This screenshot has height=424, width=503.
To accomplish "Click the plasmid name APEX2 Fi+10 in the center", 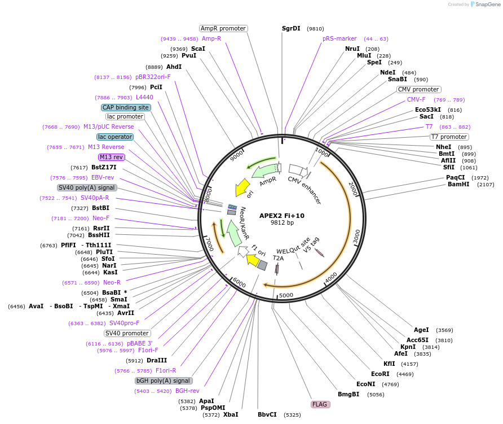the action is [281, 216].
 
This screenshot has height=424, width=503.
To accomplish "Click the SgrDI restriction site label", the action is [291, 28].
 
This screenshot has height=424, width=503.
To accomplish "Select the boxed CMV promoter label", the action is [418, 89].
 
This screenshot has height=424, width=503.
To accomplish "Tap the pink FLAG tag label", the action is [320, 404].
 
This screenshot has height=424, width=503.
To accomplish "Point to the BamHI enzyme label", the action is [458, 184].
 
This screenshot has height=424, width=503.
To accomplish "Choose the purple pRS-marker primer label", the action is [339, 38].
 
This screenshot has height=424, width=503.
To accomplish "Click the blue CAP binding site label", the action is [126, 107].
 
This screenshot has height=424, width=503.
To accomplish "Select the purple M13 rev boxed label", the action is [111, 157].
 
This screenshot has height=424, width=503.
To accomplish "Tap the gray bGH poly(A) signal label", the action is [164, 381].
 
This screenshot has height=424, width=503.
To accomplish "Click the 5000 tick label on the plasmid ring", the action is [286, 295].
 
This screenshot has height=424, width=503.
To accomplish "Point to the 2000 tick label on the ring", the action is [352, 189].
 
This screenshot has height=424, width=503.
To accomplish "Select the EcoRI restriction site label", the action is [380, 374].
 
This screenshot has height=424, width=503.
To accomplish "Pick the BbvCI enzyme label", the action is [267, 414].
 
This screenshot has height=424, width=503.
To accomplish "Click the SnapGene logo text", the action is [488, 4].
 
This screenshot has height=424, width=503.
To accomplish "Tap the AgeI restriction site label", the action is [421, 330].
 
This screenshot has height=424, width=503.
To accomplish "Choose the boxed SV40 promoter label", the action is [127, 333].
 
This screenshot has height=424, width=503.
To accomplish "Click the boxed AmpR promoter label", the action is [223, 28].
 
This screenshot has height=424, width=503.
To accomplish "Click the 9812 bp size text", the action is [282, 222].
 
